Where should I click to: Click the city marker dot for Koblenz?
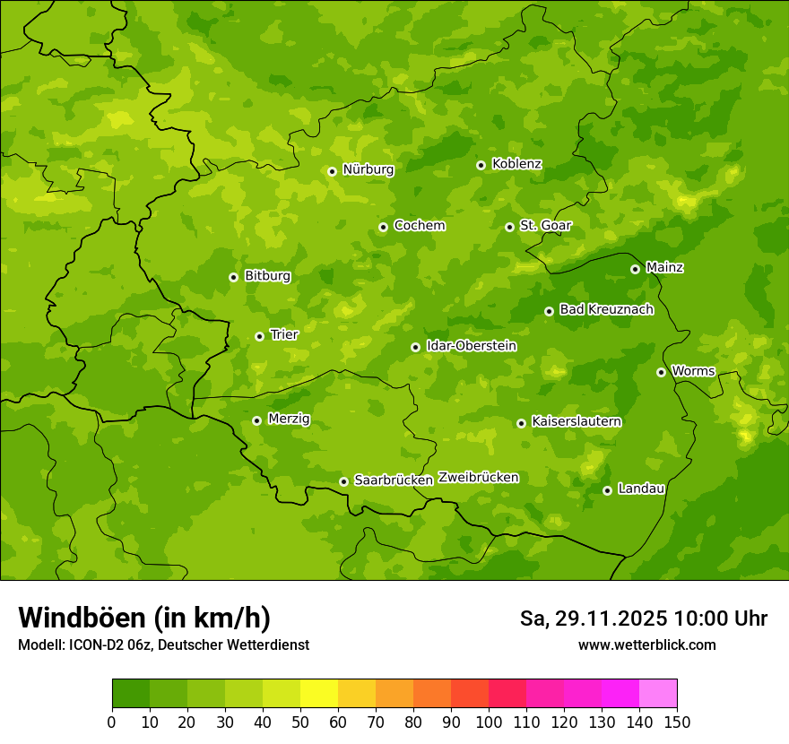tap(481, 165)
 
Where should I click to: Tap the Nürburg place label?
tap(368, 169)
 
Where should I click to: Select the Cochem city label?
tap(419, 226)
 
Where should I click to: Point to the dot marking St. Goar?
tap(509, 227)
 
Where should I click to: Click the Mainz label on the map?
tap(664, 267)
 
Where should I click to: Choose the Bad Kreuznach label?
tap(606, 309)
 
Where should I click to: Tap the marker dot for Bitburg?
tap(233, 277)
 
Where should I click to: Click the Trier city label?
tap(284, 334)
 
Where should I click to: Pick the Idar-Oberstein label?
tap(471, 345)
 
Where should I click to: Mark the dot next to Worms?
tap(661, 372)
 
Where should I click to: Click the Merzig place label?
tap(289, 419)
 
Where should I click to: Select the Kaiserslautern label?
tap(577, 421)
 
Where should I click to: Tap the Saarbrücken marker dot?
tap(343, 481)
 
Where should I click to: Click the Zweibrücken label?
tap(478, 478)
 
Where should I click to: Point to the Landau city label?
tap(641, 489)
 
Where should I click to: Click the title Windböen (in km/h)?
tap(144, 618)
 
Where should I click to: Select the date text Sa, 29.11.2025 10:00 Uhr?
tap(643, 619)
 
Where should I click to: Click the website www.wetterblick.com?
tap(646, 645)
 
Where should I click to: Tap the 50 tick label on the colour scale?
tap(300, 722)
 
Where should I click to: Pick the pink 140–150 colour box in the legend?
tap(658, 694)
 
